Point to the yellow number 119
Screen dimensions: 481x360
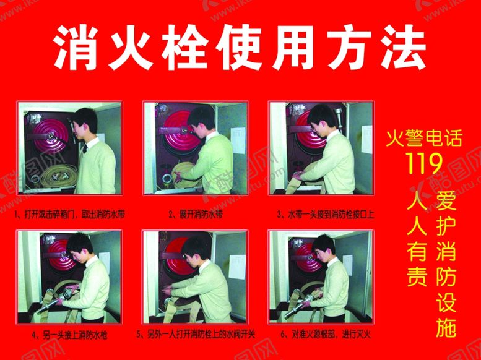click(423, 163)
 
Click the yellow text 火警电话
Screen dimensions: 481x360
click(423, 139)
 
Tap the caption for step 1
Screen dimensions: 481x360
click(69, 214)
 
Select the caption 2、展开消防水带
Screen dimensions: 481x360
click(196, 214)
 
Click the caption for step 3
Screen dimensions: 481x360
click(326, 214)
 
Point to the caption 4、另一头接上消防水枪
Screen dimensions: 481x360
click(69, 335)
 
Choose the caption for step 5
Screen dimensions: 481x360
click(196, 334)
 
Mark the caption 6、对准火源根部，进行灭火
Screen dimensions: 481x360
click(326, 334)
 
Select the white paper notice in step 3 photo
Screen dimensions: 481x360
click(366, 139)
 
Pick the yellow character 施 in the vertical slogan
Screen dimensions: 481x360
click(446, 327)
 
